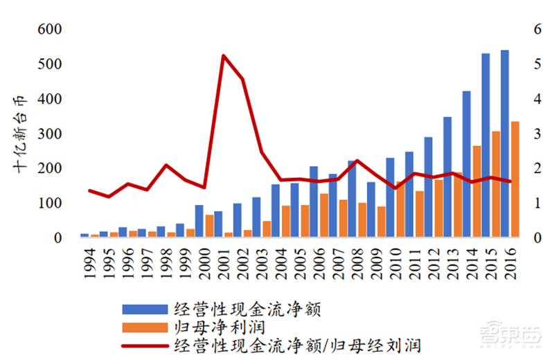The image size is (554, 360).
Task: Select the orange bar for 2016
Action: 514,180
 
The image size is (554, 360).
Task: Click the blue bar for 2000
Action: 199,222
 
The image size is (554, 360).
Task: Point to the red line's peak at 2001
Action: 224,55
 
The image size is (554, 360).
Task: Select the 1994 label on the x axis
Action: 89,260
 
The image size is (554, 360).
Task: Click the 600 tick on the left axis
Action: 42,30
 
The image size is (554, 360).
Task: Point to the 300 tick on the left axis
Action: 42,134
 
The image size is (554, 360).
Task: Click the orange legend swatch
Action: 145,325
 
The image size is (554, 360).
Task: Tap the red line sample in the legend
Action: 145,344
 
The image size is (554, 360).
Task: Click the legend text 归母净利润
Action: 219,325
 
